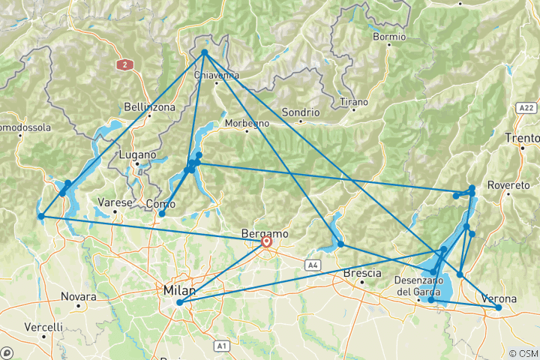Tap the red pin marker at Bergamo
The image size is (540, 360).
point(266,242)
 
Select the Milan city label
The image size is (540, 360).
point(178,290)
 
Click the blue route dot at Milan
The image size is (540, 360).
point(179,303)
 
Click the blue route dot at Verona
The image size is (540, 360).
point(499,307)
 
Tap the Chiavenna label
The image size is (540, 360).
point(216,75)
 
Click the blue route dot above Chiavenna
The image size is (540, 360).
point(205,52)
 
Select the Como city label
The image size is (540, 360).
point(160,203)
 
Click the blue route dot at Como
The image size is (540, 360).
point(162,214)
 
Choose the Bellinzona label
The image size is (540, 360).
point(150,107)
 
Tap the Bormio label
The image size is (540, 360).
point(389,36)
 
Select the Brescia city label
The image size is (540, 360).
point(361,274)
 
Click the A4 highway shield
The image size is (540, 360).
point(312,264)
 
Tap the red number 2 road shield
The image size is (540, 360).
point(123,64)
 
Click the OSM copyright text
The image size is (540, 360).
point(522,353)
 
